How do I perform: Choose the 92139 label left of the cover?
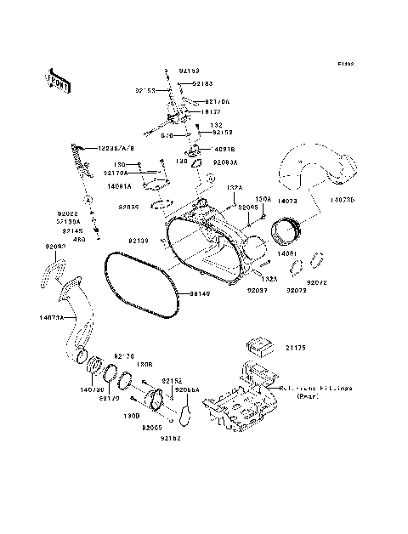[140, 241]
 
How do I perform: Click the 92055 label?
[129, 207]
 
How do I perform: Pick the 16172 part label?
[212, 111]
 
